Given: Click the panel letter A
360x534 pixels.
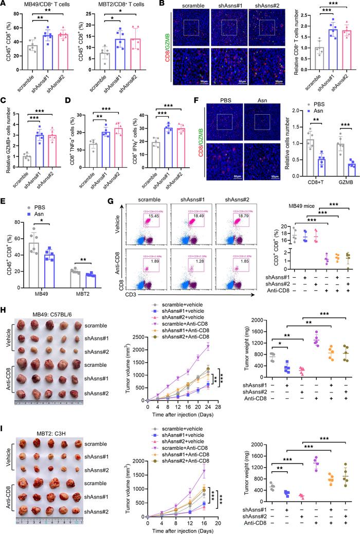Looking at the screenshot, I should [4, 5].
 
